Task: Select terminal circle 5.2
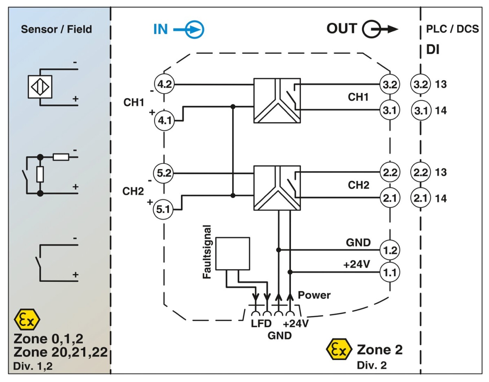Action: tap(164, 173)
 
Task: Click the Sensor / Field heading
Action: tap(57, 29)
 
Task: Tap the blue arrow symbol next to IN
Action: tap(194, 29)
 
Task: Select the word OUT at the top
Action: tap(341, 29)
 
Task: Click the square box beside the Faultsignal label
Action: tap(232, 253)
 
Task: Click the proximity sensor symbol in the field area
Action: tap(40, 87)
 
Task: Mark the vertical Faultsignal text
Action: tap(207, 251)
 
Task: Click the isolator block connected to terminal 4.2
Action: tap(277, 100)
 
